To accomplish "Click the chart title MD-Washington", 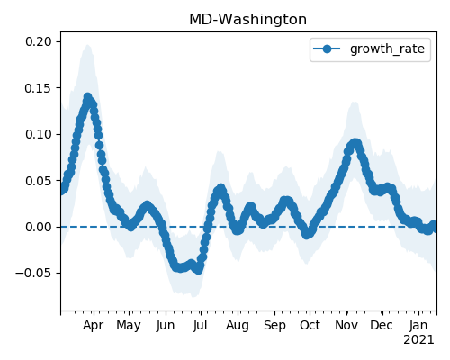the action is point(248,20).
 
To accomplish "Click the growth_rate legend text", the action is point(387,49).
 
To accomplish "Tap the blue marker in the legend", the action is point(327,49).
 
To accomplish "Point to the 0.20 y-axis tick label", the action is point(39,41).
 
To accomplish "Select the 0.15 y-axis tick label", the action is point(39,88).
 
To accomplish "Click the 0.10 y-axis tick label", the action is point(39,134).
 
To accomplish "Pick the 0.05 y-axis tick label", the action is point(39,181).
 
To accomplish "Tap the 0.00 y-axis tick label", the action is point(39,227).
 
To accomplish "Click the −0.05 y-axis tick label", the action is point(34,274).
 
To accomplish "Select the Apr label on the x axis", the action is point(94,325).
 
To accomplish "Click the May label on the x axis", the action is point(129,326).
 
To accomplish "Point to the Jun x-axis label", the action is point(166,325).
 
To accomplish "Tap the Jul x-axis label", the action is point(200,325).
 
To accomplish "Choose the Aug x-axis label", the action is point(238,326).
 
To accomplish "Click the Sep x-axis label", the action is point(274,326).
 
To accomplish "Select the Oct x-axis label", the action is point(310,325).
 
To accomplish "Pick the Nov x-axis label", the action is point(346,325).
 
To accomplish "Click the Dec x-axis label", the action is point(382,325).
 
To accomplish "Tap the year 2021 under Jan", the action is point(418,340).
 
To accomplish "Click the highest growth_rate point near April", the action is point(87,97).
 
